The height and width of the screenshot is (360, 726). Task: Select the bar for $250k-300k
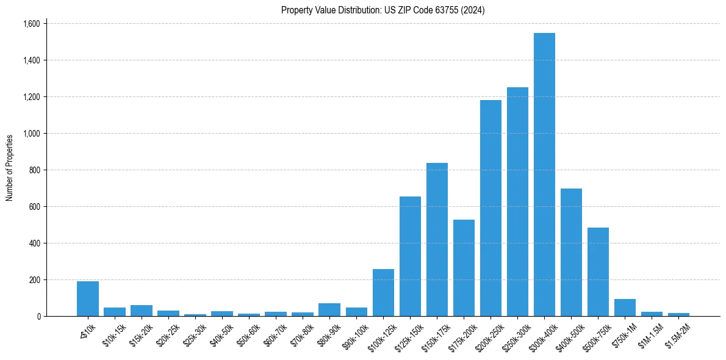click(517, 202)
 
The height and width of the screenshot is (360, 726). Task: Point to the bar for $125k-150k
click(410, 256)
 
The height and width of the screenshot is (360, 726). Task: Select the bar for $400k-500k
click(571, 253)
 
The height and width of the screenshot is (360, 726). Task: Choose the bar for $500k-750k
click(598, 272)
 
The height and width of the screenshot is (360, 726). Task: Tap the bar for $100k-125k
click(383, 293)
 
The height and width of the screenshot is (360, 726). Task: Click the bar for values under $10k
click(88, 299)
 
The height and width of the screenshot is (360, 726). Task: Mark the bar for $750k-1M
click(625, 308)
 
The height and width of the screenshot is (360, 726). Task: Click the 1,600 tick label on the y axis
click(31, 24)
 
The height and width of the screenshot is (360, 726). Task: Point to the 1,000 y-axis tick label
click(31, 134)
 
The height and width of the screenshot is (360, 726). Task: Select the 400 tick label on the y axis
click(34, 243)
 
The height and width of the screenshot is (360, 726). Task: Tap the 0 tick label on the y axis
click(38, 317)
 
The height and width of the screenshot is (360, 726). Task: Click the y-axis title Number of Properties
click(9, 167)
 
